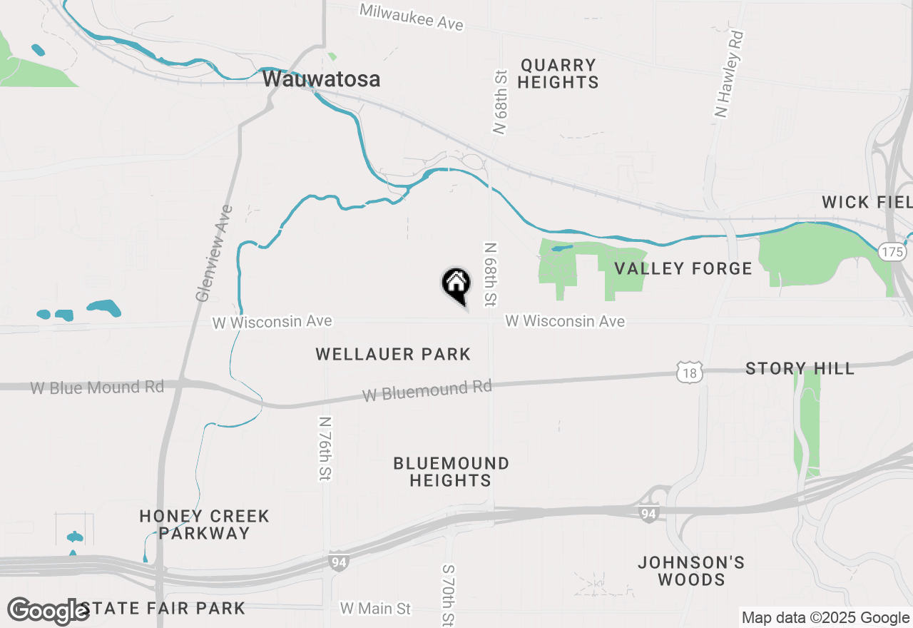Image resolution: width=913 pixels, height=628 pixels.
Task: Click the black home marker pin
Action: click(x=456, y=284)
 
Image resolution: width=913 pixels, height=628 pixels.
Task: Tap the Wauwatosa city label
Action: click(x=321, y=79)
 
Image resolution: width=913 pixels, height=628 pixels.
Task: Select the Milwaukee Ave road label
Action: click(x=412, y=16)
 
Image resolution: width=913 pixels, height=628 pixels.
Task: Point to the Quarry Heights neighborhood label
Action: click(x=558, y=74)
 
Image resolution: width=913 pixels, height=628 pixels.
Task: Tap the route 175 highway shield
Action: click(x=892, y=252)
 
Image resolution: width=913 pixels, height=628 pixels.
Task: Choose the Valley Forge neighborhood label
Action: click(x=683, y=269)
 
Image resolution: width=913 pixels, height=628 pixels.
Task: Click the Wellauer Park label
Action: click(x=393, y=354)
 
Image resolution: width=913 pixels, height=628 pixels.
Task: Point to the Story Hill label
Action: click(x=800, y=369)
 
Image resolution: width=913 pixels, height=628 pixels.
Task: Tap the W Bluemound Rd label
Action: click(x=427, y=390)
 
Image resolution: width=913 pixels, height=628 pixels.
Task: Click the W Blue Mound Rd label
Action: click(x=97, y=388)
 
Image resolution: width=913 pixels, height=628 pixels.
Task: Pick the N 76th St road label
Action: click(x=326, y=448)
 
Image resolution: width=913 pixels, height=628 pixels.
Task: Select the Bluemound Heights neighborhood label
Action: click(x=451, y=472)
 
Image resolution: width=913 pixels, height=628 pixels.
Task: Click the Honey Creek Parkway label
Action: click(x=204, y=525)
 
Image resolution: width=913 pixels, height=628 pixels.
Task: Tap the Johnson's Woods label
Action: click(x=691, y=571)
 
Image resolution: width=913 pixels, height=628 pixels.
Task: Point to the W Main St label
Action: click(x=375, y=609)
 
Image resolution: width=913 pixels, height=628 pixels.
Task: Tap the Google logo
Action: click(x=49, y=612)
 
